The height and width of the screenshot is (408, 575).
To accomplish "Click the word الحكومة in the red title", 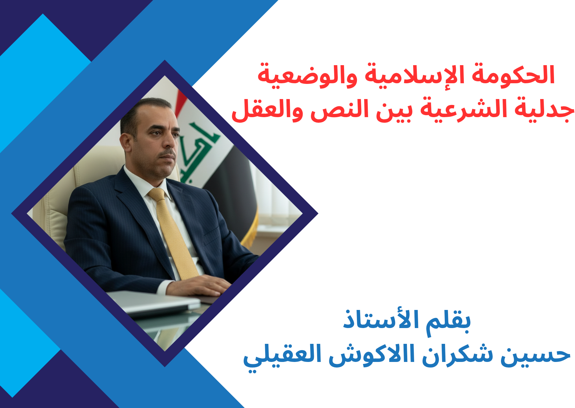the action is pos(513,75).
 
